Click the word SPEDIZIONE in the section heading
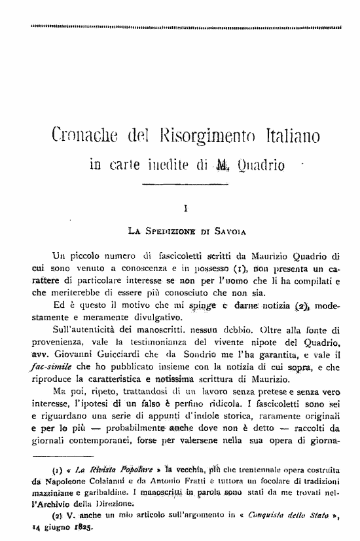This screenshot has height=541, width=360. pyautogui.click(x=172, y=231)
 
